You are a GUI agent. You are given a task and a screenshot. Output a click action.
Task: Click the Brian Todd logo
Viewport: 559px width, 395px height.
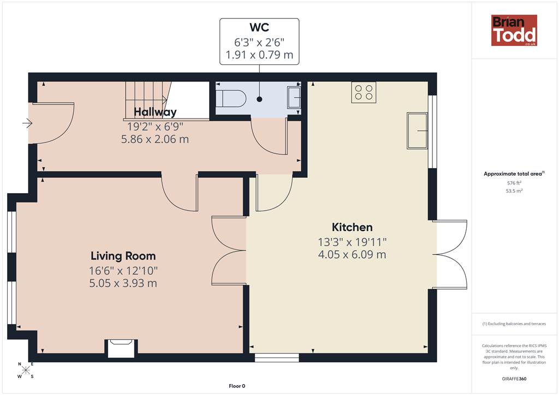[514, 30]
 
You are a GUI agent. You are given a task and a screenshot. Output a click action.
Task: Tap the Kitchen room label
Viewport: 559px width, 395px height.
[352, 228]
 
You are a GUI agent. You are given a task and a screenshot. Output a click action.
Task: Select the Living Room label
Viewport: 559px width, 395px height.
[123, 256]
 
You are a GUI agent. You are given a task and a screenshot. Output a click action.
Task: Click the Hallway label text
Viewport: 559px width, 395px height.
[155, 112]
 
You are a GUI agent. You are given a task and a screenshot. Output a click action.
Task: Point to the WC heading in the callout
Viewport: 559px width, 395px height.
[259, 27]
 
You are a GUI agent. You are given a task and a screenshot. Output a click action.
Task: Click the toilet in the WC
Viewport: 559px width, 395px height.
[231, 98]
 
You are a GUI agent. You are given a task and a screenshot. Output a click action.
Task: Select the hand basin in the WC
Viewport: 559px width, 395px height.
[294, 97]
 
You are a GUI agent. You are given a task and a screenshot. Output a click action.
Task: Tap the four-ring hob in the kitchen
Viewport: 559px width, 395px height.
[364, 92]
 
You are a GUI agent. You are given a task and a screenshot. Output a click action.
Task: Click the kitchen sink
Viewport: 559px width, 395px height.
[417, 131]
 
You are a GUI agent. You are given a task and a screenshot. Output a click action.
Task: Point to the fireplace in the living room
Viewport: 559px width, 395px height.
[121, 348]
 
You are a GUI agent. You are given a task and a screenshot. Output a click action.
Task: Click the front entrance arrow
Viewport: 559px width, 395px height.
[27, 123]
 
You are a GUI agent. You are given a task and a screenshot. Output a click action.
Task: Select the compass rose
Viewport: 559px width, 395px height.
[26, 370]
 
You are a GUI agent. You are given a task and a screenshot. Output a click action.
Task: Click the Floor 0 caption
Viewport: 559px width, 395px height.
[237, 386]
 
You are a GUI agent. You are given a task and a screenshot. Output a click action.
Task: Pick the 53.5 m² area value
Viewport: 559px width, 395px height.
[514, 191]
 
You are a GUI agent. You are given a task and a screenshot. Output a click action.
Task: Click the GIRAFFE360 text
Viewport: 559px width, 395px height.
[514, 379]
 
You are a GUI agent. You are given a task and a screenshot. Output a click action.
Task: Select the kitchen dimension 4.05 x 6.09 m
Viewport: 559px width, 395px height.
[352, 255]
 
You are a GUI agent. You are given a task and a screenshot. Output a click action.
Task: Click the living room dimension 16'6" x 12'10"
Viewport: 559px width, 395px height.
[123, 271]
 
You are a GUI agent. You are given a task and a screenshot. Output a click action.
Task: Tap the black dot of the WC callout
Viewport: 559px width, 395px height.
[259, 99]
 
